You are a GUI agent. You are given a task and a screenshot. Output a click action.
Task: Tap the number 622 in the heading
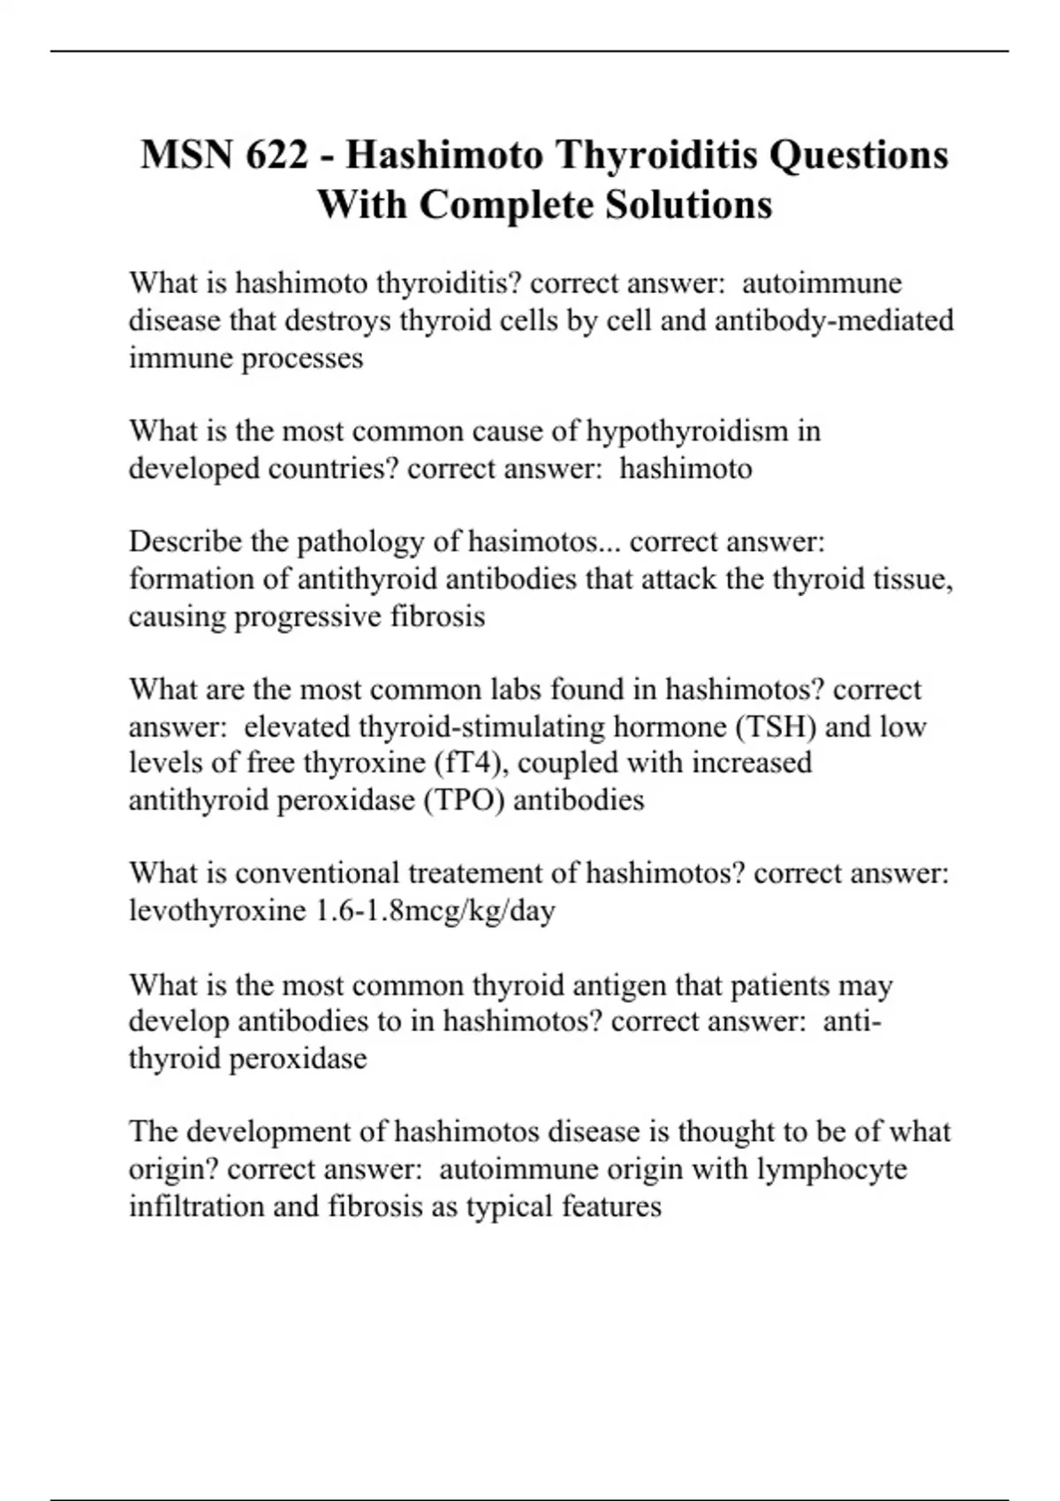[278, 155]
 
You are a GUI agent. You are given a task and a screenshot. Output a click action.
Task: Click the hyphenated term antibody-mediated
[834, 320]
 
